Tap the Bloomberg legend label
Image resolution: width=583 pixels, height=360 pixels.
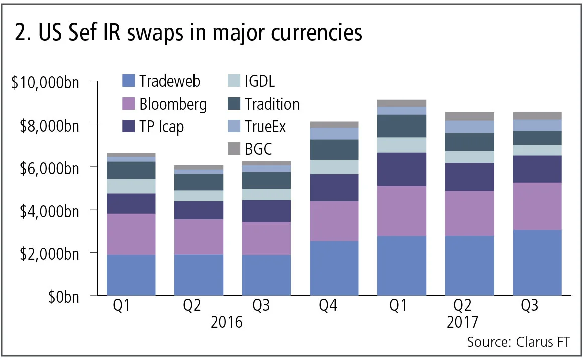(173, 104)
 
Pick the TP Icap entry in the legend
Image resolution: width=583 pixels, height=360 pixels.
(162, 127)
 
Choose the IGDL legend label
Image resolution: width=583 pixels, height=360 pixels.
(260, 81)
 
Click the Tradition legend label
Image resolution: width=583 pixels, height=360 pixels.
(272, 104)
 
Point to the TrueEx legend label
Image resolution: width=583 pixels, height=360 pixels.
(265, 127)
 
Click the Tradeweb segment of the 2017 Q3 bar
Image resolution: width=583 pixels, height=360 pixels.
(537, 262)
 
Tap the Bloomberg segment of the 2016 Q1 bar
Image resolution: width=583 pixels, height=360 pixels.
(131, 234)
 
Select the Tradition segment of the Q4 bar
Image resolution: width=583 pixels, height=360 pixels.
(334, 150)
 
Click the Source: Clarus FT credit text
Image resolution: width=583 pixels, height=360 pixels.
(518, 342)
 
